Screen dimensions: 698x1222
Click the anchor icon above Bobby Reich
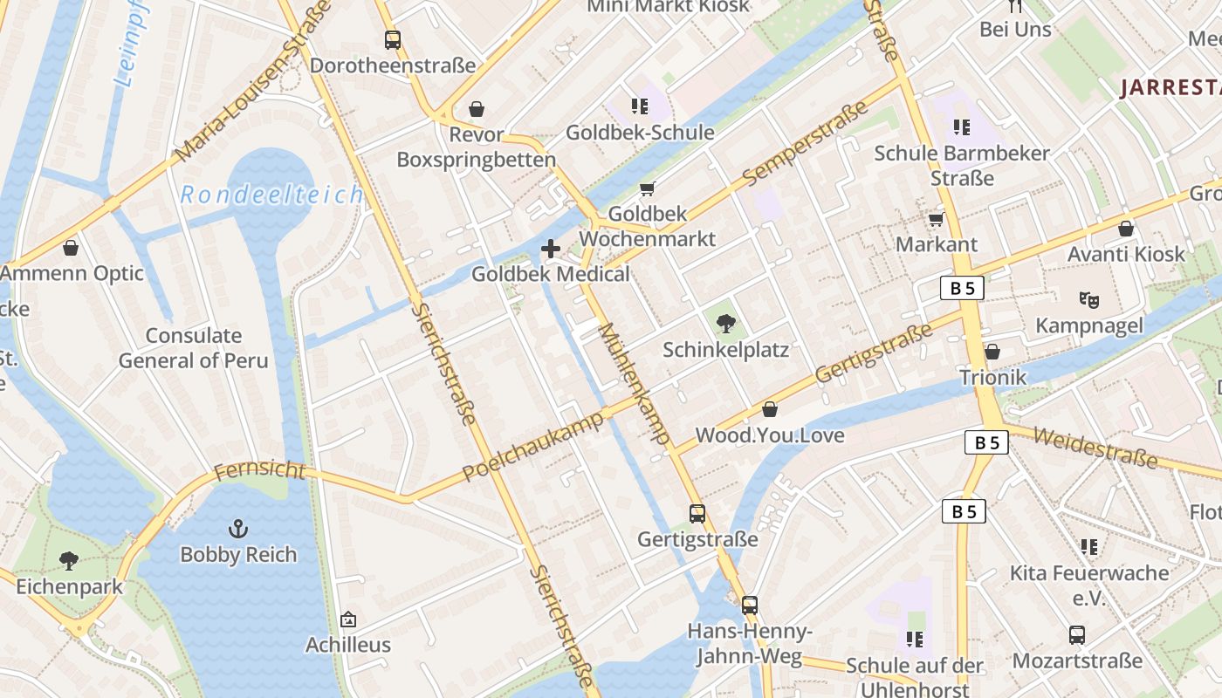[x=237, y=528]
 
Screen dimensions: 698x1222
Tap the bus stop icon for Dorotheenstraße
[x=393, y=39]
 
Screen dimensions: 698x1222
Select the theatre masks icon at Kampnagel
[x=1088, y=299]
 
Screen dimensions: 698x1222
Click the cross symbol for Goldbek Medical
[x=551, y=249]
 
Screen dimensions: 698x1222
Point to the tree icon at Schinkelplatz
[x=725, y=324]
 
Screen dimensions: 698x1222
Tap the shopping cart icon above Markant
[x=937, y=219]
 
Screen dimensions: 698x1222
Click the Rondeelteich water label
[x=271, y=195]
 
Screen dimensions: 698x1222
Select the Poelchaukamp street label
[x=532, y=446]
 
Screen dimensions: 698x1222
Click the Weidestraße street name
[x=1095, y=447]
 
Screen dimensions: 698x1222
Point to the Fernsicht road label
[x=259, y=471]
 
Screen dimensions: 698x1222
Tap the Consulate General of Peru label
[x=194, y=347]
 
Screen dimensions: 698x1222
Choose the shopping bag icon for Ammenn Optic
[x=71, y=248]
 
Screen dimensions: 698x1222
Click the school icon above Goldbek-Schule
[x=640, y=106]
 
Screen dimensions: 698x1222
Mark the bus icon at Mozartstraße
[x=1077, y=634]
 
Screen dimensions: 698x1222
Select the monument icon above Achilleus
[x=348, y=619]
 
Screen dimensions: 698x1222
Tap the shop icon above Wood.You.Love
[x=770, y=408]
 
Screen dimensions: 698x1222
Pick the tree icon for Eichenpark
[x=69, y=560]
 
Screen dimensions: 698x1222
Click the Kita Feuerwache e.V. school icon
[x=1088, y=547]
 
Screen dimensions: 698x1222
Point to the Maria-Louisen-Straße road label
[x=253, y=81]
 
